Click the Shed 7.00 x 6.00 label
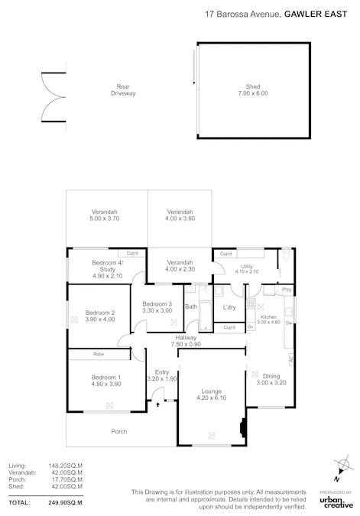tap(252, 90)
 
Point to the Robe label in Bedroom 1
tap(99, 355)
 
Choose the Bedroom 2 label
tap(99, 316)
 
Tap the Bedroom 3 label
tap(157, 308)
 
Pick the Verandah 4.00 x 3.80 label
tap(180, 215)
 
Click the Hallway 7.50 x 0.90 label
tap(186, 340)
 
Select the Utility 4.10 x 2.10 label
tap(247, 268)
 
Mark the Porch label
tap(119, 431)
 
